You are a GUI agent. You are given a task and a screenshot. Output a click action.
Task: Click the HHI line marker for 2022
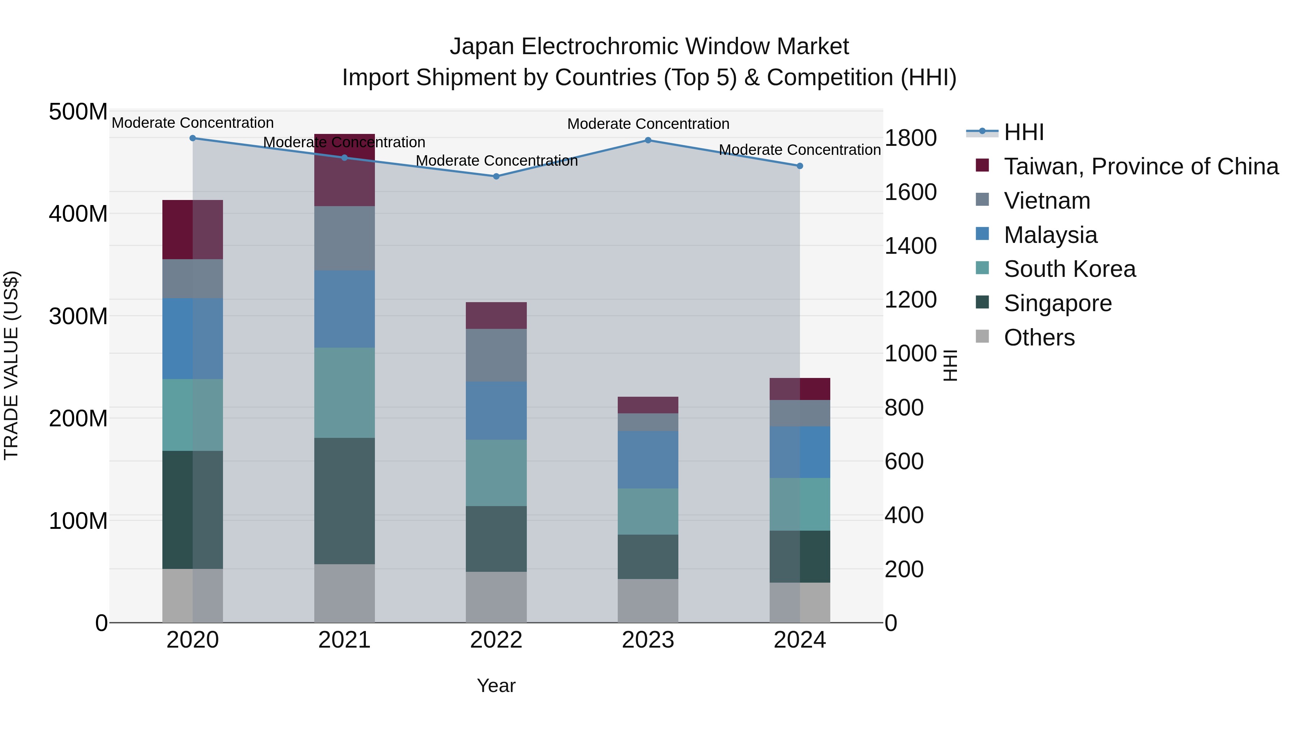(496, 177)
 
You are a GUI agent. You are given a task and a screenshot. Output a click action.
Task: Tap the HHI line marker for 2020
(193, 138)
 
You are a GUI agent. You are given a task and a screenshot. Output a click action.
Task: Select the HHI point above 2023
(648, 140)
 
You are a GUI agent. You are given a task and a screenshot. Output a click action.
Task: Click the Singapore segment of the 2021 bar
(345, 501)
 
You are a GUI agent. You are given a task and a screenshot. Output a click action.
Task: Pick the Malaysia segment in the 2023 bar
(648, 460)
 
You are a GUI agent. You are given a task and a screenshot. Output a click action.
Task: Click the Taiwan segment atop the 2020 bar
(193, 230)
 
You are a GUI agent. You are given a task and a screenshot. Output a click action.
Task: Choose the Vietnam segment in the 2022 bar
(496, 355)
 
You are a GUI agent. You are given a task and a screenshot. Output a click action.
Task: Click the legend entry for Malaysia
(1050, 235)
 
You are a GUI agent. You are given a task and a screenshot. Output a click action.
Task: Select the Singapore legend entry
(1058, 303)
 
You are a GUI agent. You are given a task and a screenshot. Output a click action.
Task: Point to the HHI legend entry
(1024, 132)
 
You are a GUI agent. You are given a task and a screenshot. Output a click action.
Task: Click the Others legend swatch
(982, 336)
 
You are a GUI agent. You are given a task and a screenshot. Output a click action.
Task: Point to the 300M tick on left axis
(78, 316)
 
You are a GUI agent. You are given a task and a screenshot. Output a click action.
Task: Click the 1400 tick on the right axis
(910, 246)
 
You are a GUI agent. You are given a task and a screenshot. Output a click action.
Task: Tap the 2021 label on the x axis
(345, 640)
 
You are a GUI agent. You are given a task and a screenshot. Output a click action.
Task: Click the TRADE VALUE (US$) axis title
(11, 365)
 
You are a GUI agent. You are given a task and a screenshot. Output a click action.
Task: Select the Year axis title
(496, 686)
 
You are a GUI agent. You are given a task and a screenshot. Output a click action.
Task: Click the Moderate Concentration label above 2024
(800, 150)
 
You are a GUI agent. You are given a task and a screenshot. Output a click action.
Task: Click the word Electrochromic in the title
(600, 47)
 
